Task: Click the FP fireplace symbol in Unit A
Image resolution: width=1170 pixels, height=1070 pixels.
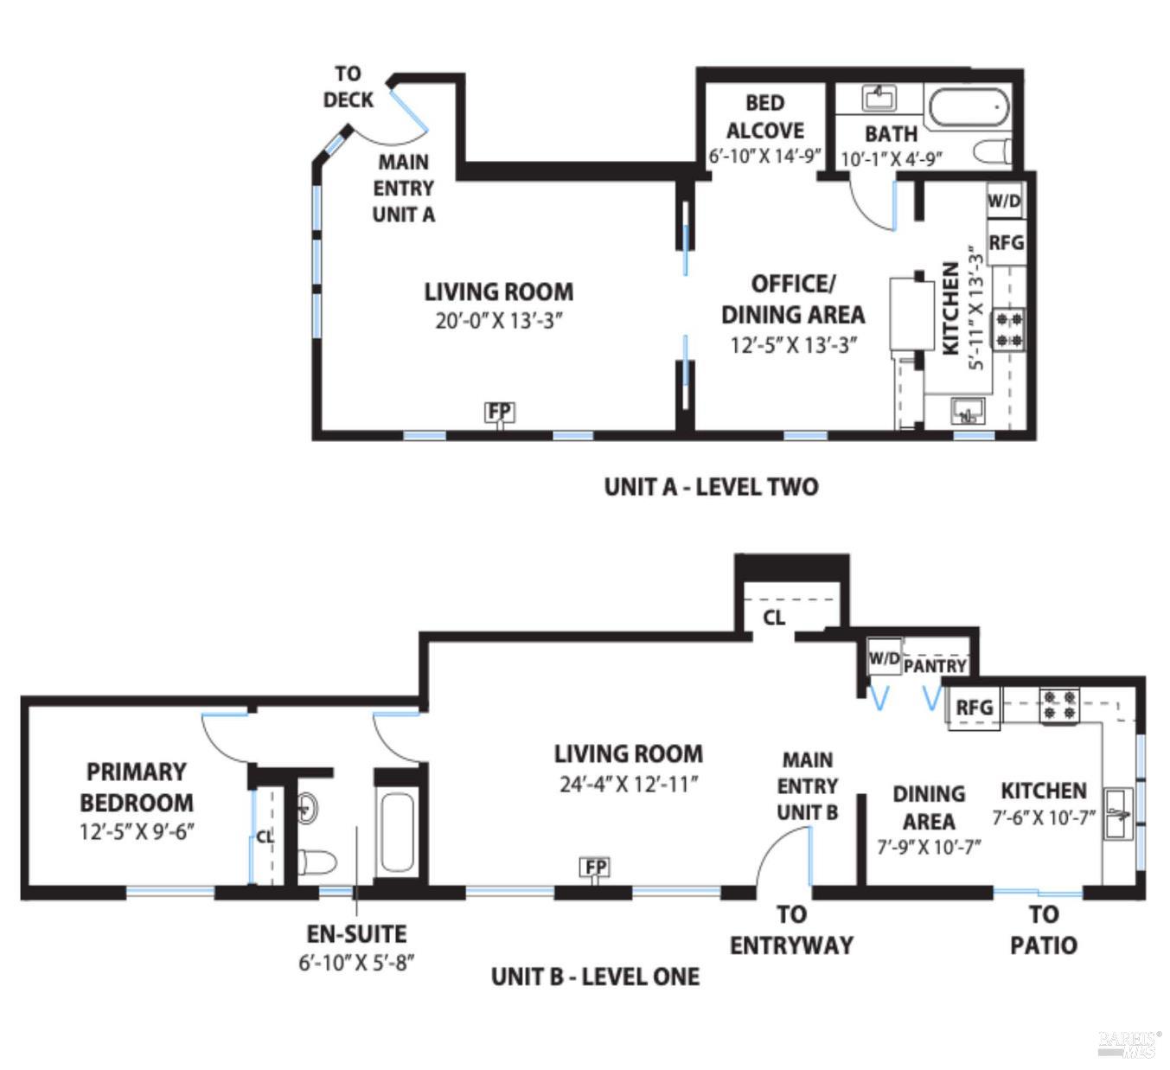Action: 499,412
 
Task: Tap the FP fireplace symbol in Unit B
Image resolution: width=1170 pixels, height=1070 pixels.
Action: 596,867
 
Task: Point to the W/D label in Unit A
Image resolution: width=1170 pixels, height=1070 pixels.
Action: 1004,202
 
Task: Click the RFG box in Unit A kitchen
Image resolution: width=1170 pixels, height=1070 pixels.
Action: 1006,243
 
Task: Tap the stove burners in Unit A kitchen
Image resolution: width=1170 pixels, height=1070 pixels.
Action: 1007,329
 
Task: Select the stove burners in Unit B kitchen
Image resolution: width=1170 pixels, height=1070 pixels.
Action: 1059,705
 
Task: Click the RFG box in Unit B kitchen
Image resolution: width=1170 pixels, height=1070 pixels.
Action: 974,708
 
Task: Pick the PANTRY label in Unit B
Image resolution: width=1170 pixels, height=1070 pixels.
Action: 935,666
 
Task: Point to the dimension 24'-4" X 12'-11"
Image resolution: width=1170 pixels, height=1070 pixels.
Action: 628,785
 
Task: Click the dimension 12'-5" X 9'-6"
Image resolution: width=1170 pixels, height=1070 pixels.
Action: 137,832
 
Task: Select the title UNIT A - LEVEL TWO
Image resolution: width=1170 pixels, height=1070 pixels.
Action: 711,487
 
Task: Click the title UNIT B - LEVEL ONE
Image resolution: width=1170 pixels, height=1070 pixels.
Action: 595,977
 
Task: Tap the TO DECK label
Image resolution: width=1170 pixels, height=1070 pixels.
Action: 348,87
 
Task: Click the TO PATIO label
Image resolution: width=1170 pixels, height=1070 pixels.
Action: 1043,930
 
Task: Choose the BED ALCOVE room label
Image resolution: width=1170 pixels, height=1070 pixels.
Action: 764,117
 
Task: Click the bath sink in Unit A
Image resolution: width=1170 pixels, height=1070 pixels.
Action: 879,98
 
